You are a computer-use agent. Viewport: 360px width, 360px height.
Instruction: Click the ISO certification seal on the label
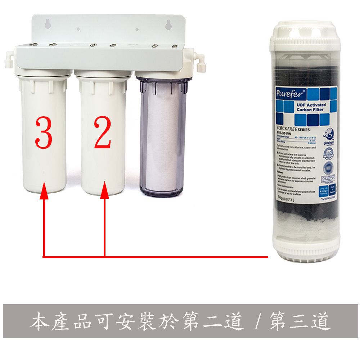[329, 153]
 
